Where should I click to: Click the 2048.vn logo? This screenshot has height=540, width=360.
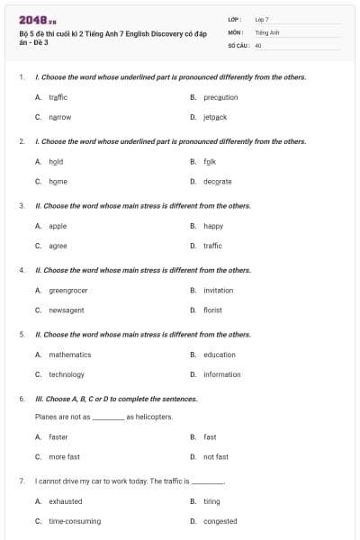coord(32,20)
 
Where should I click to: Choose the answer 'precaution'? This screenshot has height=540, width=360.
coord(220,97)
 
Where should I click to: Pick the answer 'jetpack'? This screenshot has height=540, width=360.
coord(215,117)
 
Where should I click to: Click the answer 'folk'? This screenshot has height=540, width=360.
coord(210,161)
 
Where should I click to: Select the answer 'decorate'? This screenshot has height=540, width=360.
coord(217,181)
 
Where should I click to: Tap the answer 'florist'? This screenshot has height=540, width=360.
coord(212,310)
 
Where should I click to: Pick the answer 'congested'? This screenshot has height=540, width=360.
coord(220,521)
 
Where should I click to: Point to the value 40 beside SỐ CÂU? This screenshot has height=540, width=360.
coord(259,45)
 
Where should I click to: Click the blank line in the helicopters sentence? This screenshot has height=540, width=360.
coord(108,418)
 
